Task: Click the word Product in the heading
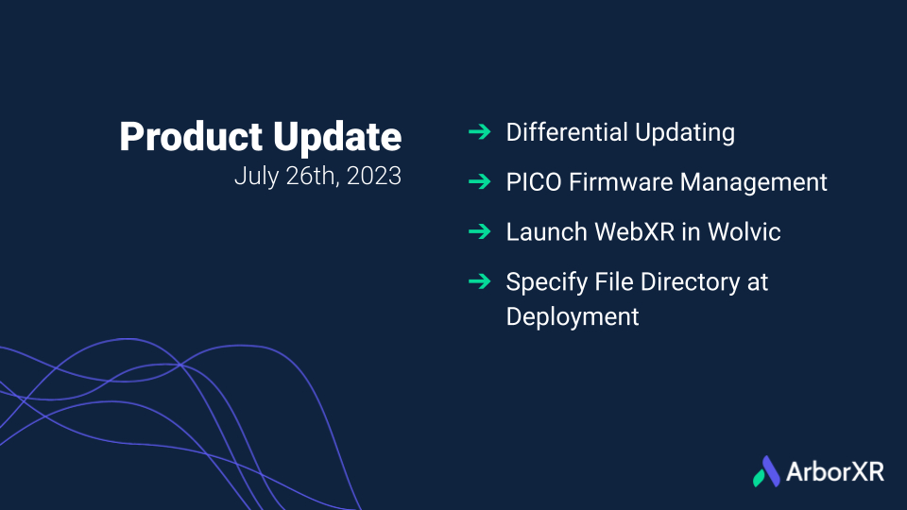[x=191, y=136]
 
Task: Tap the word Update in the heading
[x=337, y=138]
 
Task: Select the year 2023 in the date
[x=374, y=176]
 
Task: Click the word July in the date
[x=256, y=177]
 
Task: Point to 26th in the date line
[x=313, y=176]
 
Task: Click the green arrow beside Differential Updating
[x=480, y=132]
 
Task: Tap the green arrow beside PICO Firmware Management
[x=480, y=181]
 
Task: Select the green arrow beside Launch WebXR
[x=480, y=232]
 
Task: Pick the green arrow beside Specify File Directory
[x=480, y=281]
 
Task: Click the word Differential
[x=567, y=132]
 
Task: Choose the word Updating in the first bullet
[x=685, y=133]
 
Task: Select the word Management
[x=753, y=183]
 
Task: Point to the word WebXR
[x=635, y=232]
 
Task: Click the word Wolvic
[x=744, y=232]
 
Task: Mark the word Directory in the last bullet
[x=690, y=283]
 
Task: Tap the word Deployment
[x=573, y=317]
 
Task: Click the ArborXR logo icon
[x=767, y=471]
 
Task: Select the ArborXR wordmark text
[x=834, y=472]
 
